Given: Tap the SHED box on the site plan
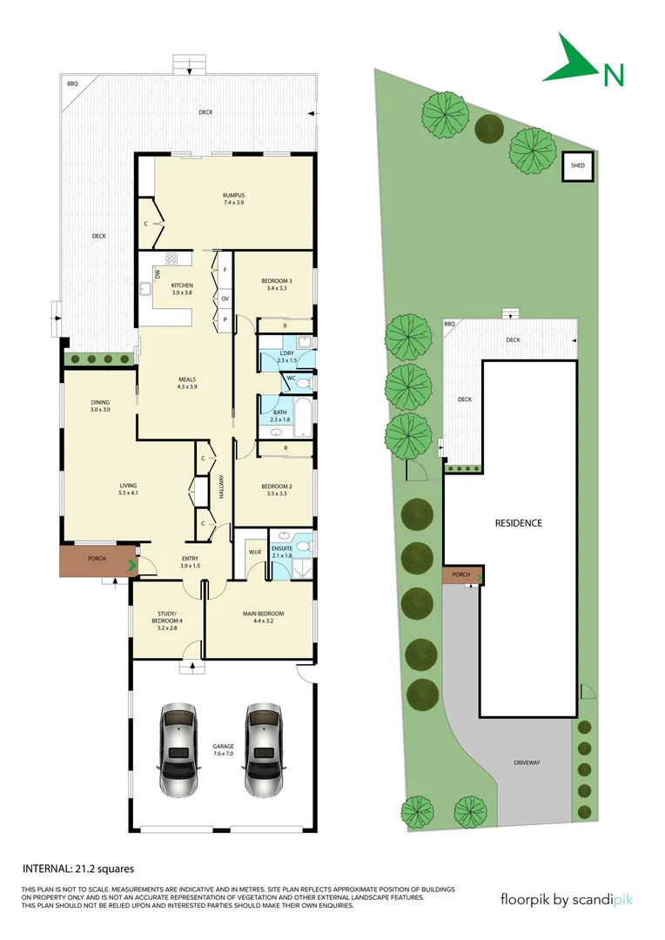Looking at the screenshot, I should [577, 165].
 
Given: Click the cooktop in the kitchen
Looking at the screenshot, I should [171, 258].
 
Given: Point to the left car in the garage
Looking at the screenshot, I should [178, 749].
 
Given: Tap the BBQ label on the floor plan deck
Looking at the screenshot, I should [72, 84].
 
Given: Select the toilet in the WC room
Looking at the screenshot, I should [301, 383].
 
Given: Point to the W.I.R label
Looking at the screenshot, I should [255, 551].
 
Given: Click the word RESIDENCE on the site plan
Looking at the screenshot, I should [519, 523].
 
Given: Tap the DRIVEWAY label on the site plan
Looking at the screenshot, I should [527, 762].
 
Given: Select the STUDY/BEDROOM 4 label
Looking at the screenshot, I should [167, 620].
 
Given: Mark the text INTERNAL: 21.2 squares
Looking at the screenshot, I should [77, 868].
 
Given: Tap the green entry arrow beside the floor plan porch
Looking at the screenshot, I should [132, 566].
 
